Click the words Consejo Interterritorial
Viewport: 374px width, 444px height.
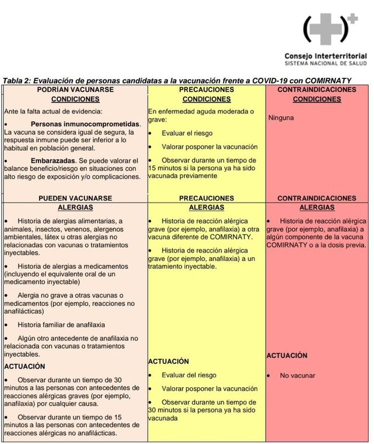[325, 56]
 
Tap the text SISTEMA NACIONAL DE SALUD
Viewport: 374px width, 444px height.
[325, 64]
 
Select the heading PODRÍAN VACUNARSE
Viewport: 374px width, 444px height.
[75, 90]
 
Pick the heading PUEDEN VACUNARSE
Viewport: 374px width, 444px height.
[75, 198]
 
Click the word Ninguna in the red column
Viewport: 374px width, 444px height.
[281, 118]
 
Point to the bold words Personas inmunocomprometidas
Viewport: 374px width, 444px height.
[85, 123]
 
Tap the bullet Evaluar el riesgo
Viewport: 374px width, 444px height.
[187, 133]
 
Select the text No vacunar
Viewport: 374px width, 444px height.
[298, 376]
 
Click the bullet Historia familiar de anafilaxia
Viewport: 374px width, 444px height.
[61, 325]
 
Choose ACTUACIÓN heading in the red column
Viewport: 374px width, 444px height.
[287, 356]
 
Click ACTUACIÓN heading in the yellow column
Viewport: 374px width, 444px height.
[168, 361]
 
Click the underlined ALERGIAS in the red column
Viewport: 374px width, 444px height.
[317, 208]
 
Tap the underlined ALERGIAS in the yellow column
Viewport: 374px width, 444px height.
[206, 208]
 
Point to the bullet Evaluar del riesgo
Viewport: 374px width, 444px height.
[189, 375]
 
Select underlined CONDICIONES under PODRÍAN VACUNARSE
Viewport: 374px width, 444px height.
[75, 99]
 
